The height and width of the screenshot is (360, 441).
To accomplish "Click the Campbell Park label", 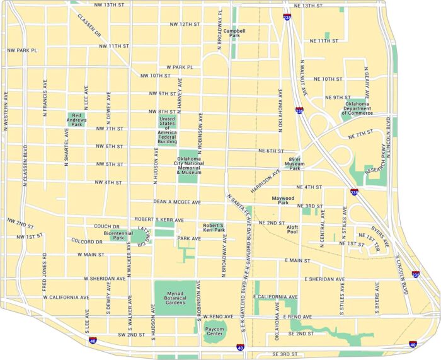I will [234, 33].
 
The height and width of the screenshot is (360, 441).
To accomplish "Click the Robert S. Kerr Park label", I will [214, 227].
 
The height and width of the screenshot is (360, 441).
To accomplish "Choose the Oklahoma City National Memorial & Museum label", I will [188, 165].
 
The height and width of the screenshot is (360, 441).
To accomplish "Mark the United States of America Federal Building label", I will [167, 131].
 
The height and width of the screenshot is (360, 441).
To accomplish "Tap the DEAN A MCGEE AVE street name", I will [176, 202].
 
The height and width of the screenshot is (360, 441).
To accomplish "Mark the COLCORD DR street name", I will [86, 241].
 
